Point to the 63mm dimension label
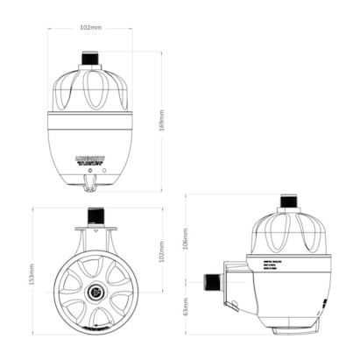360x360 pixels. (x=186, y=310)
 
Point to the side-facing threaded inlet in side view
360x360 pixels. (x=211, y=281)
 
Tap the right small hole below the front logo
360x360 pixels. (x=104, y=171)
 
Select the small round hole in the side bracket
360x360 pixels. (x=234, y=304)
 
